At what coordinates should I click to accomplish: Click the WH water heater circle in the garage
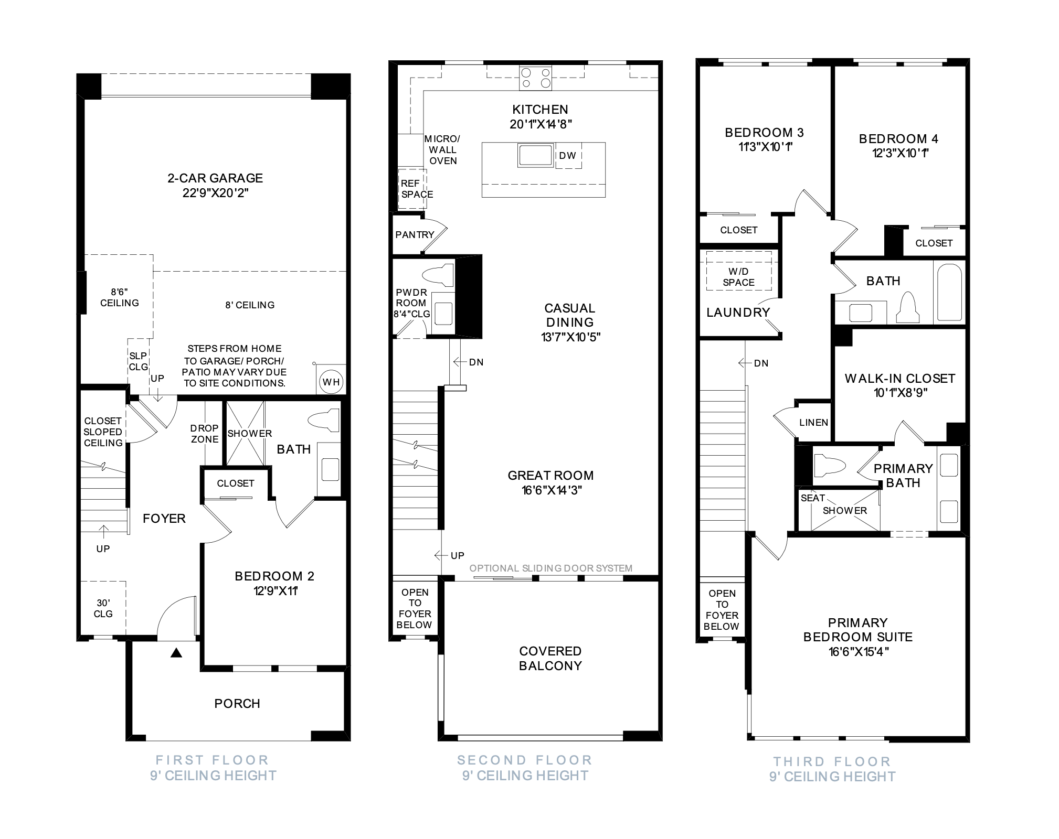pos(331,382)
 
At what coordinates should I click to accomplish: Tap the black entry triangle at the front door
pos(176,653)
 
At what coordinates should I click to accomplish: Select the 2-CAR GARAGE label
pos(215,178)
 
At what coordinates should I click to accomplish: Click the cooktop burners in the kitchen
pos(536,78)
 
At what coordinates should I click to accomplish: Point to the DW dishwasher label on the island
pos(568,155)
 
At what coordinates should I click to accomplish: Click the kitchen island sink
pos(535,155)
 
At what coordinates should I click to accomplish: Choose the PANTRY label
pos(415,234)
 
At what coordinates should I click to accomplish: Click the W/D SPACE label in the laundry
pos(738,277)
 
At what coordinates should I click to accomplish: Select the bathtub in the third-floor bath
pos(949,292)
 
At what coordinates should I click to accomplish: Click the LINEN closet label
pos(813,423)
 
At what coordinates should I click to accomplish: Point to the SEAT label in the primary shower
pos(813,498)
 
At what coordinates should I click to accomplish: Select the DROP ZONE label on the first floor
pos(205,434)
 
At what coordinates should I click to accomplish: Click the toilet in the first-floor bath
pos(324,420)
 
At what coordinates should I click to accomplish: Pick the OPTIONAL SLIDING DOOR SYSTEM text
pos(551,568)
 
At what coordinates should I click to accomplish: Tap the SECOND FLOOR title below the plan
pos(525,760)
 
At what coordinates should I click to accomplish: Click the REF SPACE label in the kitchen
pos(417,189)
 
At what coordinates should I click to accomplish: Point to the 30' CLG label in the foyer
pos(103,608)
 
